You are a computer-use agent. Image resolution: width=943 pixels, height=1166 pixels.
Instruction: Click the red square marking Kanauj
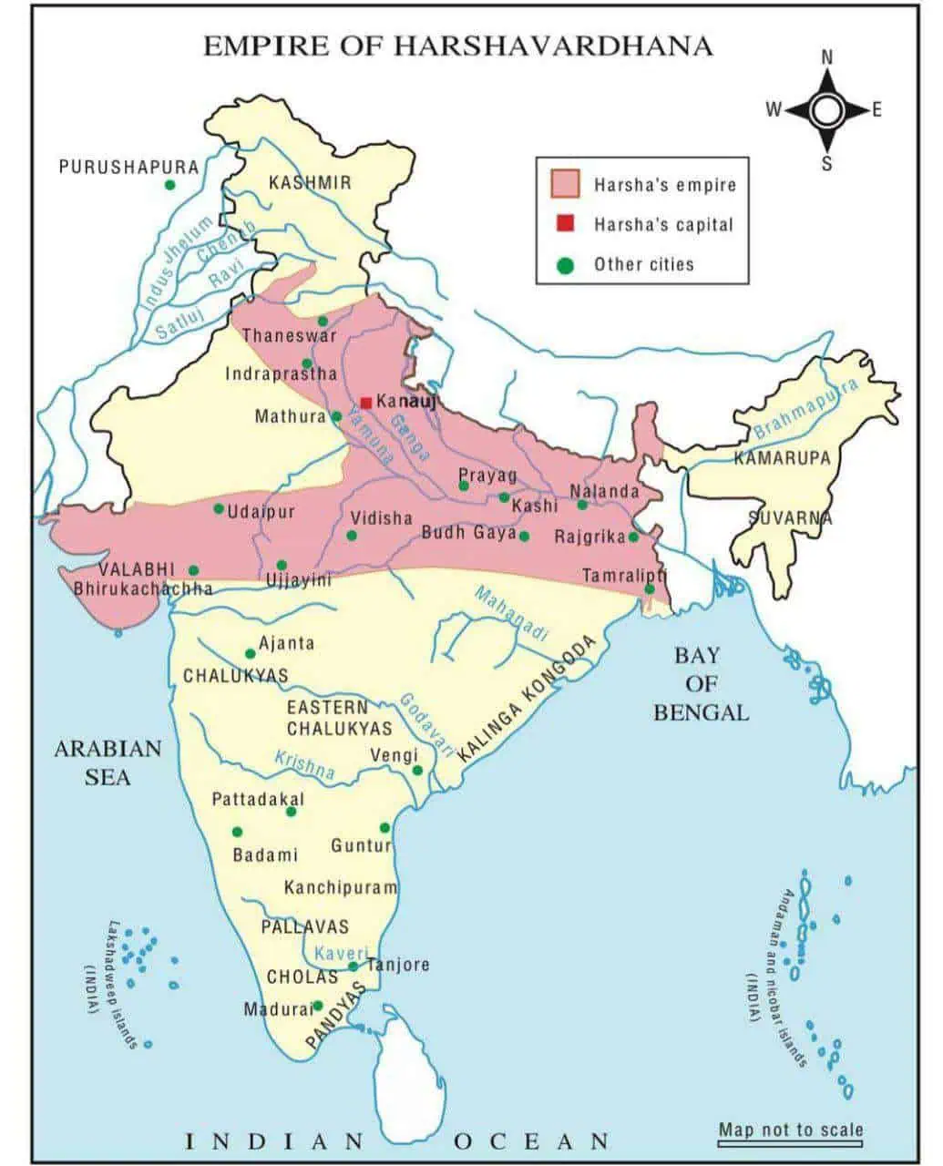(x=365, y=402)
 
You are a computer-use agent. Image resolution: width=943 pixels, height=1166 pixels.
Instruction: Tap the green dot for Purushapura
(x=169, y=185)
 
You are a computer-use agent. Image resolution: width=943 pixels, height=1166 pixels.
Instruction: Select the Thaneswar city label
(x=289, y=336)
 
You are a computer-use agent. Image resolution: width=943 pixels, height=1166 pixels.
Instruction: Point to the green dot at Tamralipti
(x=649, y=589)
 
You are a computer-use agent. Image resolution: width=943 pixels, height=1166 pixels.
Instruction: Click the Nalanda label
(x=605, y=491)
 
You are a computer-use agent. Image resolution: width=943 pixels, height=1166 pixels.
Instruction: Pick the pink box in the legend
(x=565, y=183)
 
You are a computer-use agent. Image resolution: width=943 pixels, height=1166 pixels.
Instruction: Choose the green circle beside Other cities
(x=565, y=265)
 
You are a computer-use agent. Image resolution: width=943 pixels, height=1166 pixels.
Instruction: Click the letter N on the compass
(x=827, y=56)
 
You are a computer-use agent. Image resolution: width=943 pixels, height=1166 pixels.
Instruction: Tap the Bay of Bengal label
(x=699, y=683)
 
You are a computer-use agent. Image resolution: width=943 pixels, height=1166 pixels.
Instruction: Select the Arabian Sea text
(x=108, y=762)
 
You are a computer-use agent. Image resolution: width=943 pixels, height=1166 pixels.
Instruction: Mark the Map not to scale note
(x=790, y=1130)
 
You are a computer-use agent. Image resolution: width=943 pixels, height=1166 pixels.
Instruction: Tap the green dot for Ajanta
(x=251, y=653)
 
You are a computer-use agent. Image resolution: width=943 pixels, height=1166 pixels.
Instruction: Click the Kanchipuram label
(x=341, y=887)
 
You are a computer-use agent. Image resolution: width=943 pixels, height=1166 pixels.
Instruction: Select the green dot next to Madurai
(x=318, y=1007)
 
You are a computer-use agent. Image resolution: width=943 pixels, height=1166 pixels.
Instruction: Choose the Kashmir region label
(x=310, y=183)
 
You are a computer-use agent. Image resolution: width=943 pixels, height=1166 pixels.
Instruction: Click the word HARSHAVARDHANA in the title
(x=552, y=46)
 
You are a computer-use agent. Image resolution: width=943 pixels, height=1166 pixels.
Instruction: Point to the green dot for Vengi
(x=418, y=771)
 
